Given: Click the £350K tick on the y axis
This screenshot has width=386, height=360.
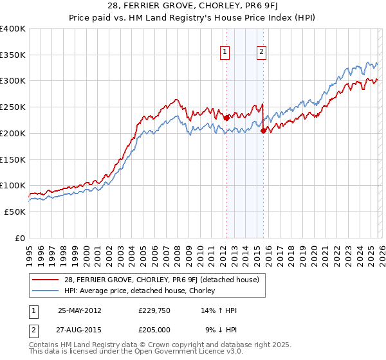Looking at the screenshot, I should [13, 55].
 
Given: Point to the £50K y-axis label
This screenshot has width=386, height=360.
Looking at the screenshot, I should [15, 212].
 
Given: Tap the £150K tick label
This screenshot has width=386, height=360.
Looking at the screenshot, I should [13, 159].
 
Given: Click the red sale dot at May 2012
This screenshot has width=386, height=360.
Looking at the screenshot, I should [226, 118].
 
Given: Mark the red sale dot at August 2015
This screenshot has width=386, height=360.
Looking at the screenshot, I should [263, 130].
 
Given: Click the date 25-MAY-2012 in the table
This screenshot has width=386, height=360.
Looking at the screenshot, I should [80, 310].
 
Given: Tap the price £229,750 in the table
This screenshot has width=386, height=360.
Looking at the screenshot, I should [153, 310].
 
